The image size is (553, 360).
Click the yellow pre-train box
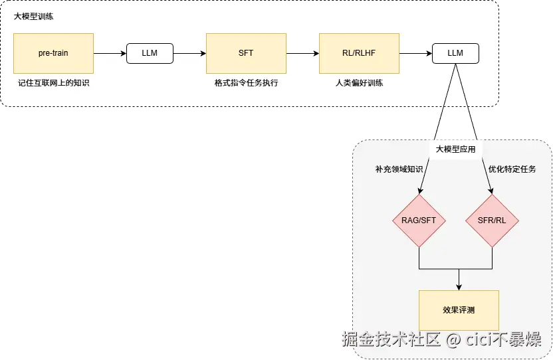click(53, 53)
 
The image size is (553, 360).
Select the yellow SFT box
click(246, 53)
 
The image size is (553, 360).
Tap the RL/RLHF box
click(359, 53)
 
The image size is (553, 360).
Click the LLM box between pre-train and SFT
click(150, 53)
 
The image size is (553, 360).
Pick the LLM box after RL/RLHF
click(455, 53)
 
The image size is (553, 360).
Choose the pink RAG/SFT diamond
click(419, 221)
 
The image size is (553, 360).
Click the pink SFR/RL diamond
click(493, 221)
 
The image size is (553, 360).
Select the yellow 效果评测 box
click(459, 310)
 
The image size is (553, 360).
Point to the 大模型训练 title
click(34, 17)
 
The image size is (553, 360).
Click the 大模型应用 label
click(455, 149)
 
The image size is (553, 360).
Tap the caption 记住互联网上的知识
click(53, 84)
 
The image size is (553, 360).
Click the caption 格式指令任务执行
click(246, 84)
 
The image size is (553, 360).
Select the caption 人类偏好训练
click(359, 84)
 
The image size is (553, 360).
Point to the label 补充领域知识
click(399, 169)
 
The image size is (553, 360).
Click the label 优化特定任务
click(512, 169)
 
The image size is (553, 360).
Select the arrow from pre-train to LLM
click(110, 53)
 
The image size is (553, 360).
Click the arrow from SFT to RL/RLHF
click(302, 53)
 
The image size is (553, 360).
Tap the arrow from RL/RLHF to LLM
click(415, 53)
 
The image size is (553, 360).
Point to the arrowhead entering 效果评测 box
click(459, 286)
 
